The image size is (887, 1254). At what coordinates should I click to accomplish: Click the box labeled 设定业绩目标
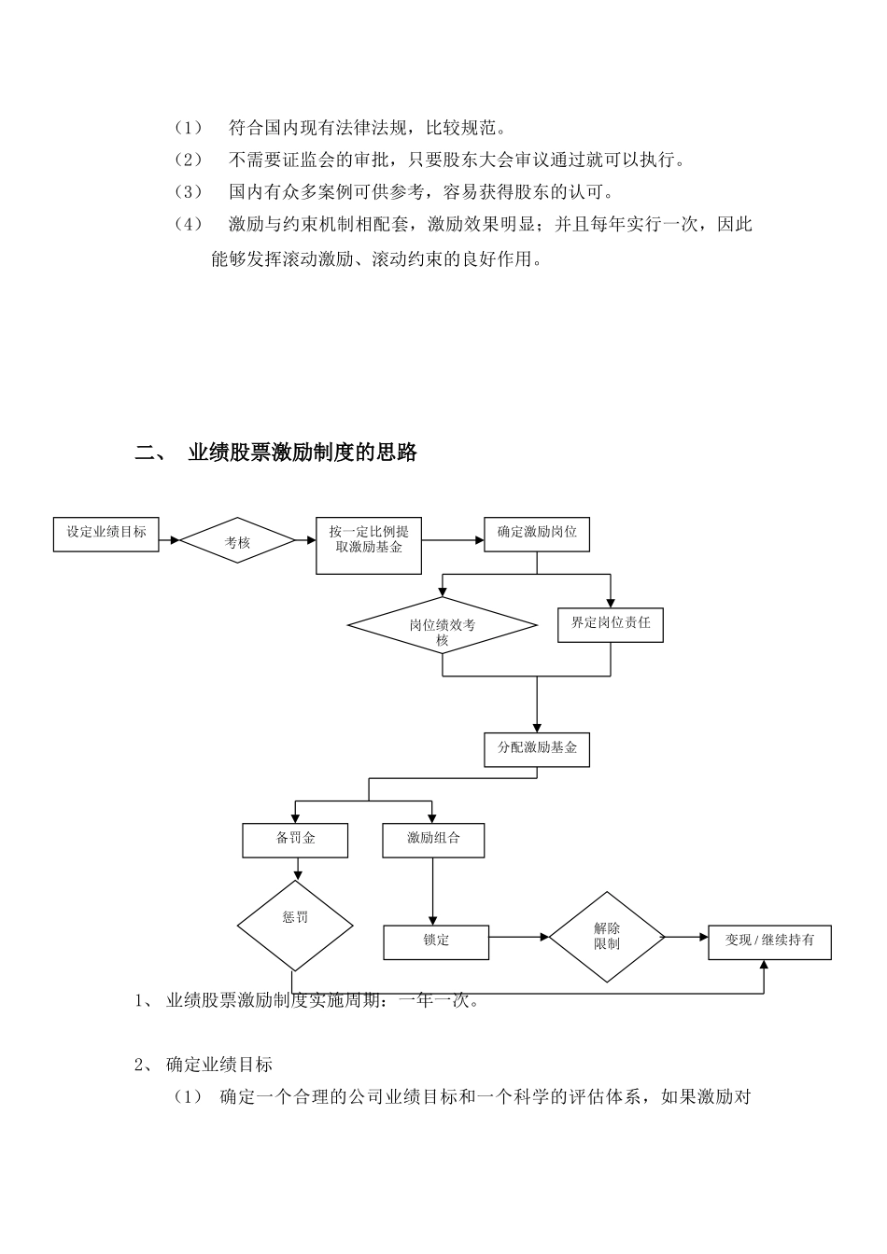[106, 533]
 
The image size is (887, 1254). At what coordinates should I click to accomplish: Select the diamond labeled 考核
[237, 540]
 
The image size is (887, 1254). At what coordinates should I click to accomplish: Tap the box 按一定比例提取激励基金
[369, 545]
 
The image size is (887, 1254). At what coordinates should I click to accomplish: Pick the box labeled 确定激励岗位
[537, 533]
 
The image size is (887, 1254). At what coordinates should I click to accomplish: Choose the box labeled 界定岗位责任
[611, 624]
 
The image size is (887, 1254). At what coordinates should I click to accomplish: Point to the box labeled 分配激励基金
[537, 749]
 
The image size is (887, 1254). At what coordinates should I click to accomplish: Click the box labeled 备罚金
[295, 840]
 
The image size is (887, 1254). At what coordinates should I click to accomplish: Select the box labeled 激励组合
[433, 840]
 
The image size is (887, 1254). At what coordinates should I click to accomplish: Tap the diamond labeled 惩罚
[295, 926]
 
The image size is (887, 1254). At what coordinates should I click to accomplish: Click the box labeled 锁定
[436, 941]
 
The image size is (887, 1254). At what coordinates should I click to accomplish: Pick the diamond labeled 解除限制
[607, 936]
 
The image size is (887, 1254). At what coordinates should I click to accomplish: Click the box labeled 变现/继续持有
[769, 941]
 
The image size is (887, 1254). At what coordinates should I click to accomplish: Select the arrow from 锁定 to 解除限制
[519, 936]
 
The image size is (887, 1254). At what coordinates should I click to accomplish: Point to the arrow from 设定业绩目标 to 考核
[169, 539]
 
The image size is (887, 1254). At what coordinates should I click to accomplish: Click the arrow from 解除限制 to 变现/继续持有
[687, 936]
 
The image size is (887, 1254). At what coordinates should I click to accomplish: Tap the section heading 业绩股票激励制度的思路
[303, 453]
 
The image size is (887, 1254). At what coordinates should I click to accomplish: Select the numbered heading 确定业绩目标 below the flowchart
[218, 1065]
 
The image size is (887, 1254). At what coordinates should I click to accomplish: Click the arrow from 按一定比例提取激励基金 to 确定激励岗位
[453, 539]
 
